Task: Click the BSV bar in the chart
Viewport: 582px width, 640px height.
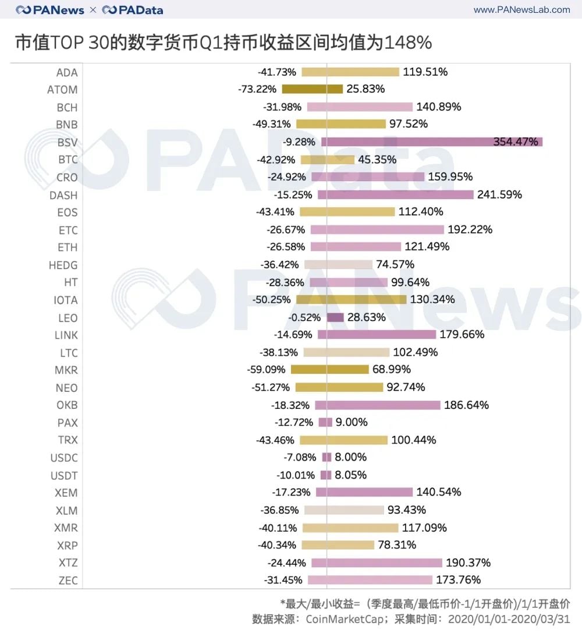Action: point(431,142)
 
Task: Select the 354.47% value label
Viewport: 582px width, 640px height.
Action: point(516,142)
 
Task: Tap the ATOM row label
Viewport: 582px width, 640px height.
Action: point(62,90)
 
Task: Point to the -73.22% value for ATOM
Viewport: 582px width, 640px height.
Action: point(258,90)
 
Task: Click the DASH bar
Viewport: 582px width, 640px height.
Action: point(395,195)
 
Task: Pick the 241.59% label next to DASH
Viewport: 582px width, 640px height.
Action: point(499,195)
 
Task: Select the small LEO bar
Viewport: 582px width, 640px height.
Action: point(335,317)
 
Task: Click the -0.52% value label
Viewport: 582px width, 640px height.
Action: point(304,317)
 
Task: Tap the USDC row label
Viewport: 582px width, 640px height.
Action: point(63,458)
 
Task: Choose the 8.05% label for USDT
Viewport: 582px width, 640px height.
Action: point(351,475)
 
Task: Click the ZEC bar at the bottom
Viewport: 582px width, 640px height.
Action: point(370,580)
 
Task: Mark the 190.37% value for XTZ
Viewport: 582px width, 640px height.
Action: point(468,563)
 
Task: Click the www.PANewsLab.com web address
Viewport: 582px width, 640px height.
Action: point(521,10)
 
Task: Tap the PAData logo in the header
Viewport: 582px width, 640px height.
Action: point(133,10)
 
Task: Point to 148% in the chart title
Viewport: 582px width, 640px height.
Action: point(408,43)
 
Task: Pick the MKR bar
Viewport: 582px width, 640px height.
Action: point(329,370)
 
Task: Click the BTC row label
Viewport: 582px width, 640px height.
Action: point(68,160)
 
